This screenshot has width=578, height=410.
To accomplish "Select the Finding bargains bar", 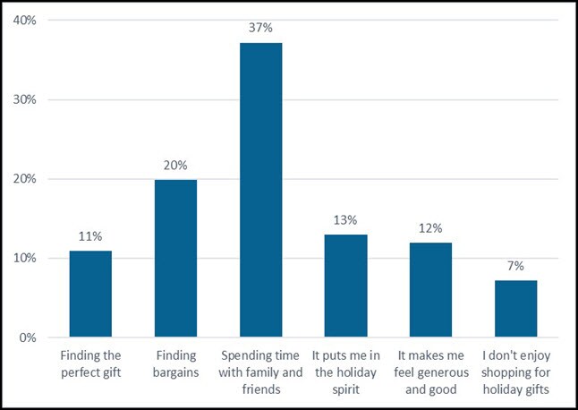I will click(x=175, y=259).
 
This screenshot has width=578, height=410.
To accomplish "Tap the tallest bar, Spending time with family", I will click(x=260, y=190).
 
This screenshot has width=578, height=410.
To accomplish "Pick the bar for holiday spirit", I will click(x=345, y=286).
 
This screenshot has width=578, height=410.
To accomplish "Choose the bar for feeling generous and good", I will click(x=430, y=289).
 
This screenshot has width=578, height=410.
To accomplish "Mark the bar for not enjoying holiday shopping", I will click(x=515, y=309).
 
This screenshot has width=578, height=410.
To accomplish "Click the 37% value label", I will click(x=260, y=29).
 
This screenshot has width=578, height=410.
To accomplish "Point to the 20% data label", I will click(x=175, y=166).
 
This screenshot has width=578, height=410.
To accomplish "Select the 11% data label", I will click(x=90, y=237).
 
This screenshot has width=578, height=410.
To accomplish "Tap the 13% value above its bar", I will click(x=345, y=220).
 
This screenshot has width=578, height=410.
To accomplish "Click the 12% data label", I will click(x=430, y=228).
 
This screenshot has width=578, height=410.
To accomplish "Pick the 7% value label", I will click(x=515, y=267).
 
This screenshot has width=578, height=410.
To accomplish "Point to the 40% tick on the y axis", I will click(x=24, y=20).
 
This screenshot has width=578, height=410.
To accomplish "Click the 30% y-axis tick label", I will click(x=24, y=99).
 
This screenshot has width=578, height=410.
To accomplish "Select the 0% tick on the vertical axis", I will click(x=27, y=337).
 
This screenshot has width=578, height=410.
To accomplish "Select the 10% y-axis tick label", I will click(x=24, y=259).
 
